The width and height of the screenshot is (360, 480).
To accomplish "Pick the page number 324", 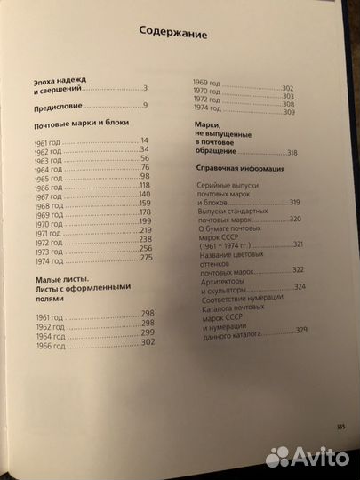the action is [299, 285].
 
